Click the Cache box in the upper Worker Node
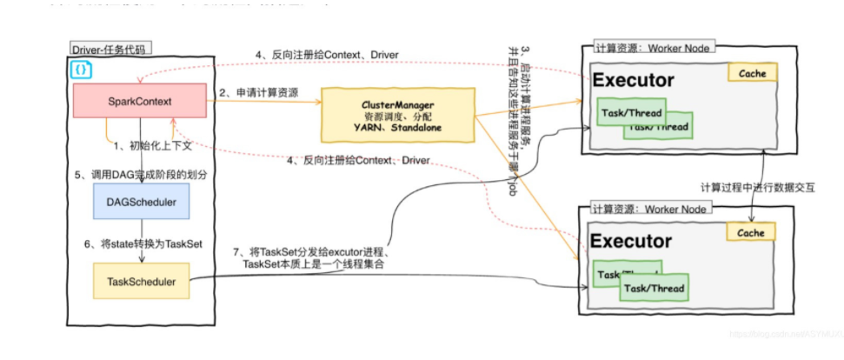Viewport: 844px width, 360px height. coord(752,73)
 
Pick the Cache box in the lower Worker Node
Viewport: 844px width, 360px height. coord(752,233)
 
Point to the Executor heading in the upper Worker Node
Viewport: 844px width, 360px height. coord(633,81)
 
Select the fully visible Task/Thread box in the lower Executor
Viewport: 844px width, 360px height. coord(655,289)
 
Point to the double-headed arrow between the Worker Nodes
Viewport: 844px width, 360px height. coord(752,178)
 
